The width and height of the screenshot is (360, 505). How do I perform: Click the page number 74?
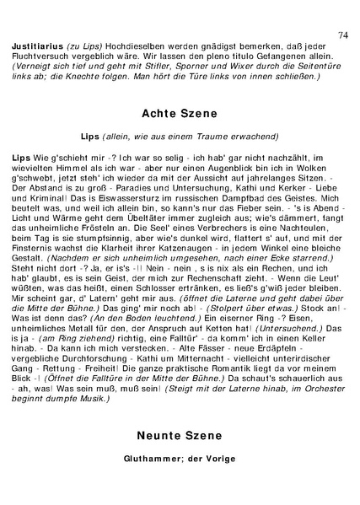tap(342, 35)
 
